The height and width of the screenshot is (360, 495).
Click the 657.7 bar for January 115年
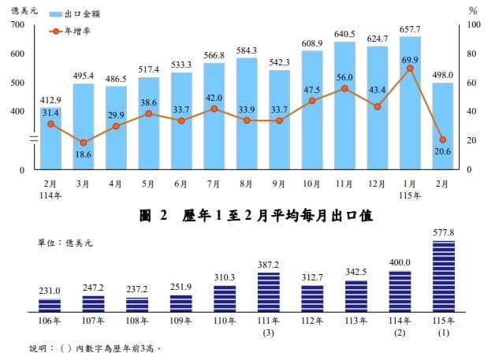click(x=410, y=102)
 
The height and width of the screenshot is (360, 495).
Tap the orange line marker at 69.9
click(x=410, y=69)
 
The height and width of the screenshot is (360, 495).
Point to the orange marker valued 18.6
click(x=84, y=143)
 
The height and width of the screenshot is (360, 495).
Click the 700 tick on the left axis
click(x=18, y=25)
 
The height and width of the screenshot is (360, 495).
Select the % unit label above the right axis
click(x=473, y=11)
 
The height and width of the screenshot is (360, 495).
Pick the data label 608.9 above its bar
click(x=311, y=43)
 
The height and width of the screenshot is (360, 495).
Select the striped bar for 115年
click(x=444, y=276)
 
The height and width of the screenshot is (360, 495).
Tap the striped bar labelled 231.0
click(x=50, y=306)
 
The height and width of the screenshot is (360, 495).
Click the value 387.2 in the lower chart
click(x=269, y=265)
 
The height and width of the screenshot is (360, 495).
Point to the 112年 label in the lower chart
click(x=312, y=321)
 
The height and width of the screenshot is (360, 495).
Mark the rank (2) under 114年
click(x=400, y=332)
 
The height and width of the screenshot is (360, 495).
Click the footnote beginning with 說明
click(x=95, y=347)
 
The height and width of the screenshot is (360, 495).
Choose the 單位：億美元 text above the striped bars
click(x=66, y=244)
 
